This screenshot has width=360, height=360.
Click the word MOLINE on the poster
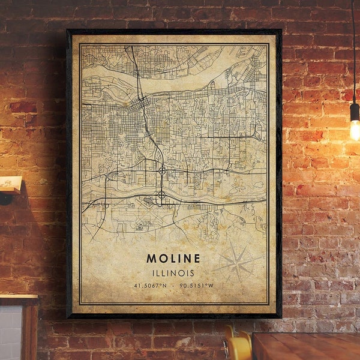[x=173, y=259]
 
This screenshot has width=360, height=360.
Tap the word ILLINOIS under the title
[x=173, y=273]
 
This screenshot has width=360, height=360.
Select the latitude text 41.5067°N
[x=150, y=286]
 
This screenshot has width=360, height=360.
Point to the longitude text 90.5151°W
[x=196, y=286]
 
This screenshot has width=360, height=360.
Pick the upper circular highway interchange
[x=162, y=171]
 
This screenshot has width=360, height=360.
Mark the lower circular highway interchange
[x=161, y=195]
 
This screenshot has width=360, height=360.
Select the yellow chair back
[x=238, y=346]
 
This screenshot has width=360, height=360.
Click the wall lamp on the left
[x=10, y=186]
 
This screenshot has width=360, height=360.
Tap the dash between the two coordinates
[x=173, y=286]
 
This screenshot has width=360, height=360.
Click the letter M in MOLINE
[x=150, y=259]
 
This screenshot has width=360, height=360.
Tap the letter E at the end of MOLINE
[x=197, y=259]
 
